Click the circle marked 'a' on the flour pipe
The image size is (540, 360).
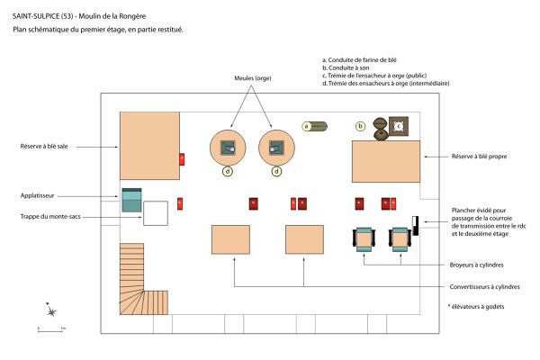[306, 126]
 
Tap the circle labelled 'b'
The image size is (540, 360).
[360, 126]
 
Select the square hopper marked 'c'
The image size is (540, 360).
[399, 126]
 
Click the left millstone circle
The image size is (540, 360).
[228, 148]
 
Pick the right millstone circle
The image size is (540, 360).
[276, 148]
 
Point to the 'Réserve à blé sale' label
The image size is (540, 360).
[44, 147]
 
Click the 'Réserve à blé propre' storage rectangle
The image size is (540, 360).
[386, 161]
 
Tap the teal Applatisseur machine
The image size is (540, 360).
[131, 200]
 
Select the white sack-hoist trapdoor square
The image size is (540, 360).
[156, 213]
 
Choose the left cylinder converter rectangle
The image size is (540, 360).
[230, 239]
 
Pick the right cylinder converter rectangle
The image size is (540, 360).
[304, 239]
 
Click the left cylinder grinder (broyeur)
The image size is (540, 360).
[364, 239]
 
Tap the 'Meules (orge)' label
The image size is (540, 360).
[253, 78]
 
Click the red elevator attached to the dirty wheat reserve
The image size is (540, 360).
[182, 159]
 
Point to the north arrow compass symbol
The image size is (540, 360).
[51, 310]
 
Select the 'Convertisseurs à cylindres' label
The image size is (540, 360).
[484, 286]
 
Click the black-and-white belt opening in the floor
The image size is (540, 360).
[415, 226]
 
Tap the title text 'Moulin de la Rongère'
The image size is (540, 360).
[112, 16]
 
